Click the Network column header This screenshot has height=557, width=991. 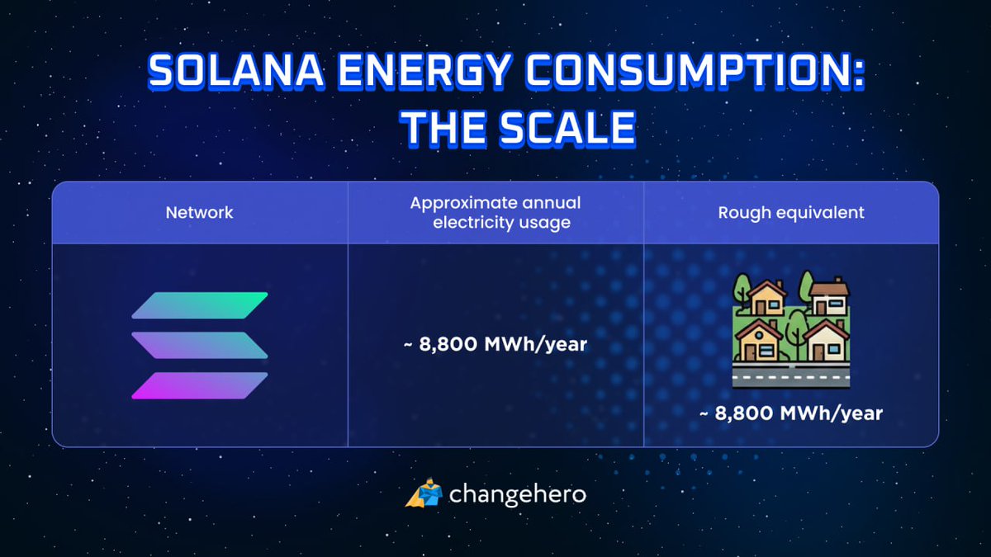(199, 212)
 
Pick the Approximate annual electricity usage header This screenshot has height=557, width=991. (495, 212)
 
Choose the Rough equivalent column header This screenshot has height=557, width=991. (790, 212)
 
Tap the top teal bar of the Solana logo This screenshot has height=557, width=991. (200, 305)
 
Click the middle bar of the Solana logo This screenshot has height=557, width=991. (200, 345)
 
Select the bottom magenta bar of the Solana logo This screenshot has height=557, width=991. (200, 385)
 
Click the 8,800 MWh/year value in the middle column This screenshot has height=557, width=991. (495, 344)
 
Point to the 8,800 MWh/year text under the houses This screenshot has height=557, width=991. (790, 413)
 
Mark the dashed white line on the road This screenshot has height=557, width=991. (790, 373)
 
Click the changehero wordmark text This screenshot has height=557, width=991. (517, 494)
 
